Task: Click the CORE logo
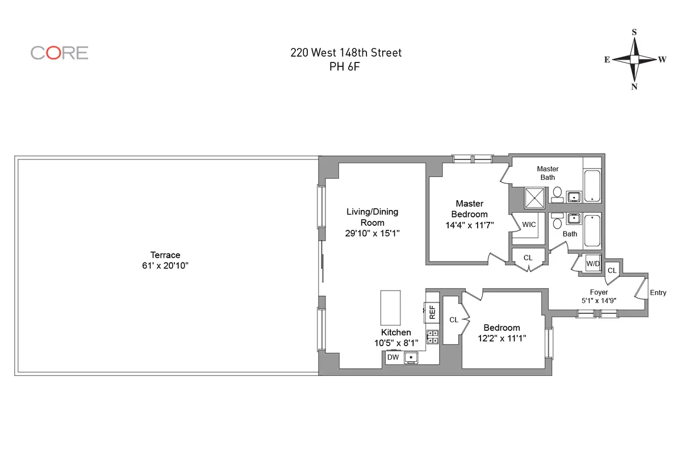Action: (x=59, y=53)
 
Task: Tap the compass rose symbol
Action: (x=634, y=59)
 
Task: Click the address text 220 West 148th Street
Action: (x=345, y=53)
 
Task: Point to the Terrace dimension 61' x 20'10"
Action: (x=165, y=266)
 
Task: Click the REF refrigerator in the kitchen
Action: (x=432, y=311)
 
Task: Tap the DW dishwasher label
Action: (x=392, y=358)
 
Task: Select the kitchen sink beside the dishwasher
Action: (x=411, y=357)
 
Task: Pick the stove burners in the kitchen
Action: (x=433, y=337)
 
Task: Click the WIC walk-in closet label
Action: (x=528, y=225)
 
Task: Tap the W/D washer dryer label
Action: (x=593, y=264)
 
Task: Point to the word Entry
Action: (x=658, y=293)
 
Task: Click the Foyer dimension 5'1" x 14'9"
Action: (x=598, y=301)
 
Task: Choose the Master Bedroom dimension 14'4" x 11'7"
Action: (x=469, y=225)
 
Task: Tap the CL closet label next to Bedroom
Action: (x=453, y=320)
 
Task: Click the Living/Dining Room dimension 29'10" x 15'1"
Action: (x=372, y=233)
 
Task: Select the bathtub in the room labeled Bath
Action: (x=592, y=230)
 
